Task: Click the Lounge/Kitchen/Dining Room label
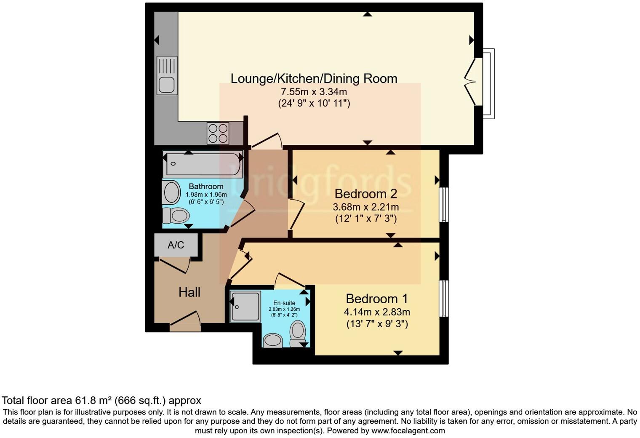click(314, 79)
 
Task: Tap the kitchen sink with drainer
click(167, 75)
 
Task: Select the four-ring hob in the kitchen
click(218, 133)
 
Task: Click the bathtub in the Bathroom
click(203, 164)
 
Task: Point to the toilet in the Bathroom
click(176, 216)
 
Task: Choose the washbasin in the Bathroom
click(171, 193)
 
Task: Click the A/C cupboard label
click(176, 245)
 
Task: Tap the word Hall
click(189, 292)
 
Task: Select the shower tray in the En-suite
click(245, 307)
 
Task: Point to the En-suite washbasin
click(272, 340)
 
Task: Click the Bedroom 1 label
click(376, 299)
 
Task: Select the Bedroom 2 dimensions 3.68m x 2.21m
click(365, 207)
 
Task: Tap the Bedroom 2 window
click(444, 205)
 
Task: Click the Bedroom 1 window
click(444, 298)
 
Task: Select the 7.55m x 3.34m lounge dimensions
click(314, 92)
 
